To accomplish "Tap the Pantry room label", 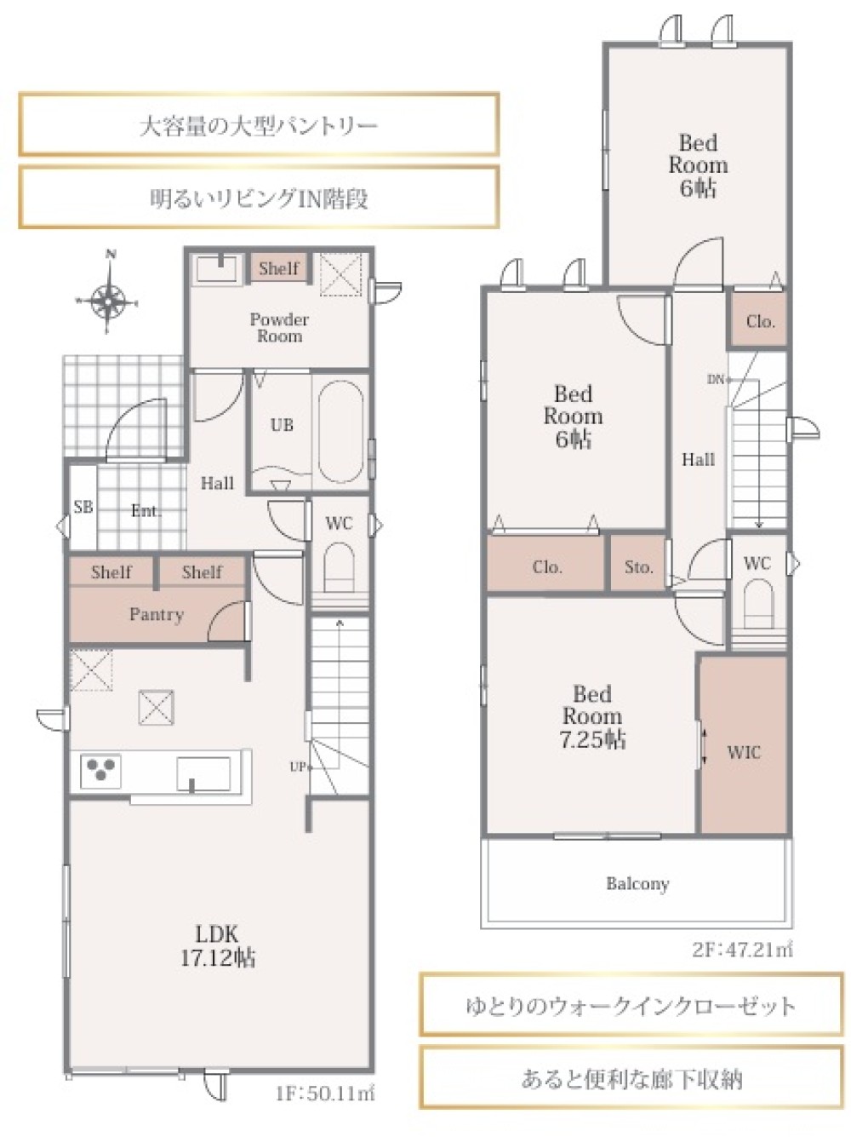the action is coord(157,614).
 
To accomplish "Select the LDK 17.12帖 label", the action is coord(217,946).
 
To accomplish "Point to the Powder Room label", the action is coord(279,328).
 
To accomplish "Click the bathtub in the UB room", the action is coord(340,432).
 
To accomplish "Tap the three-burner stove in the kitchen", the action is coord(100,771).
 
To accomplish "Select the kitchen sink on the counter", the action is coord(203,774).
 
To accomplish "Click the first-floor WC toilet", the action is coord(340,566).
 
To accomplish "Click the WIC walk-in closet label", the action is coord(744,752).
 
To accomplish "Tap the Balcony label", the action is coord(638,883).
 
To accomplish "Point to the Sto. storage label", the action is coord(638,567).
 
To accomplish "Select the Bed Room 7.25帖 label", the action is coord(592,717).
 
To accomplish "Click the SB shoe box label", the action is coord(83,507).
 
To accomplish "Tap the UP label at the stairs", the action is coord(298,767).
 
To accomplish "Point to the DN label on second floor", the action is coord(716,379).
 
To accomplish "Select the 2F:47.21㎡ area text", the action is coord(742,950).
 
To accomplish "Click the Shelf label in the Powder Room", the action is coord(279,268).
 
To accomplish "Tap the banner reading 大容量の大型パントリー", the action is coord(259,125).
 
